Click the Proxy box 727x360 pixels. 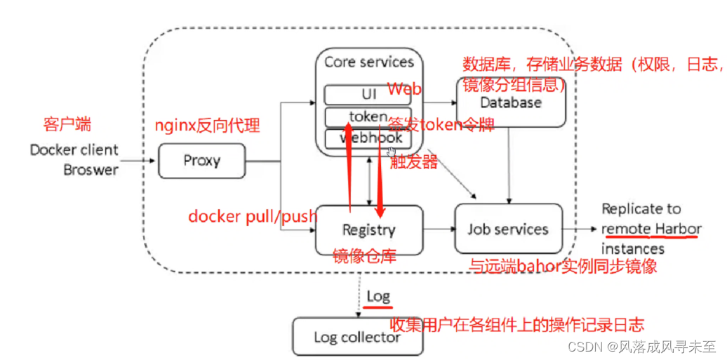tap(201, 161)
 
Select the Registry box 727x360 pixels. tap(368, 229)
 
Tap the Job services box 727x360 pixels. tap(508, 229)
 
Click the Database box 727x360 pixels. tap(510, 102)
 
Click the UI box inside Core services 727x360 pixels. tap(368, 94)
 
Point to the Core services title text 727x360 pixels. tap(368, 62)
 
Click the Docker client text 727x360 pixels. tap(74, 150)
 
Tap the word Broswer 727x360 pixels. tap(91, 169)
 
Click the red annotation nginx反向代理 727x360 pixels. tap(207, 126)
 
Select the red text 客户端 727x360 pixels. tap(67, 125)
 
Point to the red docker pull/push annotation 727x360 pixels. tap(252, 216)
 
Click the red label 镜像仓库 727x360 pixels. tap(364, 257)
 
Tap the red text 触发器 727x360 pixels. tap(414, 163)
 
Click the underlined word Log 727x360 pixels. tap(378, 296)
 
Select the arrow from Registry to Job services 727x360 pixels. tap(439, 229)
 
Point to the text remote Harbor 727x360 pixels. tap(651, 229)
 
